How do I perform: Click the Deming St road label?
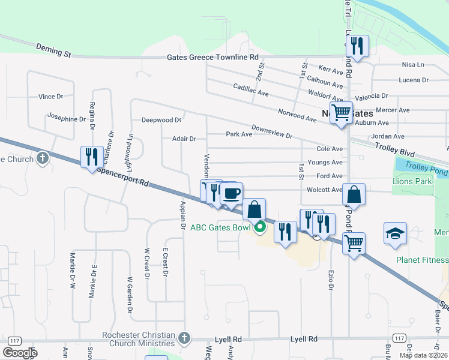53,50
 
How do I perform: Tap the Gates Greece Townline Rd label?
213,57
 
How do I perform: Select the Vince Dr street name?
50,97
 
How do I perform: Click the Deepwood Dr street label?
161,120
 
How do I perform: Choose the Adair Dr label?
184,139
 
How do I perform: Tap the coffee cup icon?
231,193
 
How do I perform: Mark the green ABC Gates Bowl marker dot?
260,227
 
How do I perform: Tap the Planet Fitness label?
422,260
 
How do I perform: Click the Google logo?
20,352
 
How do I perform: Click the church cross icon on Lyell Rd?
184,339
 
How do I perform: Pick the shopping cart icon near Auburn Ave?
341,112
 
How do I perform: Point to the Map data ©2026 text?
423,355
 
